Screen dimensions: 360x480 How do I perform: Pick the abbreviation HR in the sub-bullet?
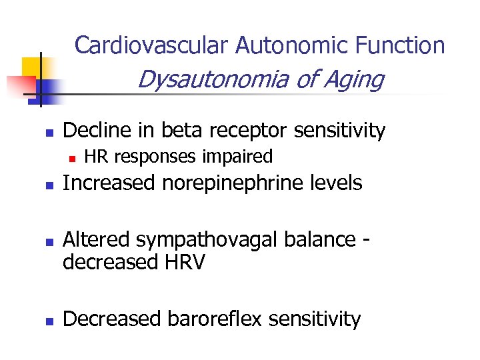pyautogui.click(x=97, y=157)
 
